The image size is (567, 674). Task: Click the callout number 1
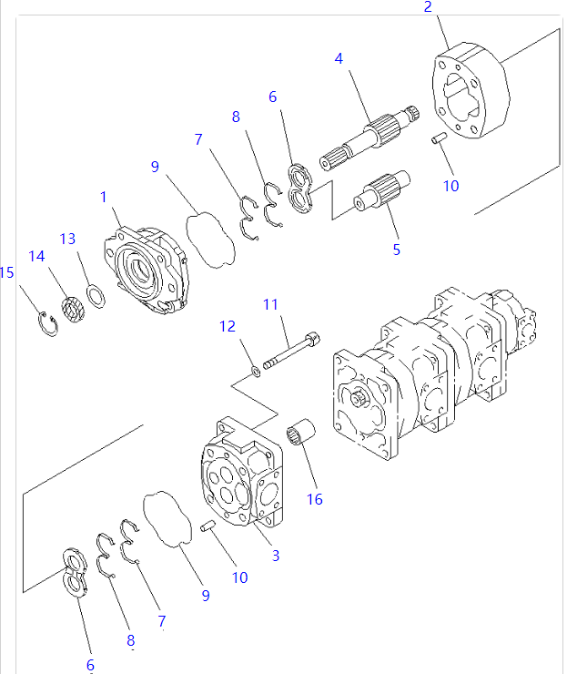point(104,197)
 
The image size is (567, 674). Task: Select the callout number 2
point(428,8)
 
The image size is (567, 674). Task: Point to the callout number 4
point(339,58)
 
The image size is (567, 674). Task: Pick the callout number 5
point(396,249)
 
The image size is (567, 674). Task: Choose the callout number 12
point(227,325)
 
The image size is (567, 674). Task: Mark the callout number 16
point(315,500)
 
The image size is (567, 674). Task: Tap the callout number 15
point(7,272)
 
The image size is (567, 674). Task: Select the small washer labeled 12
point(257,369)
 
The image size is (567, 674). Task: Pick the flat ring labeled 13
point(95,296)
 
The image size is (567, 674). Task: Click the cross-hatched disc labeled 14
point(71,310)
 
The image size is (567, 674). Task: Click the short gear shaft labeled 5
point(382,192)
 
